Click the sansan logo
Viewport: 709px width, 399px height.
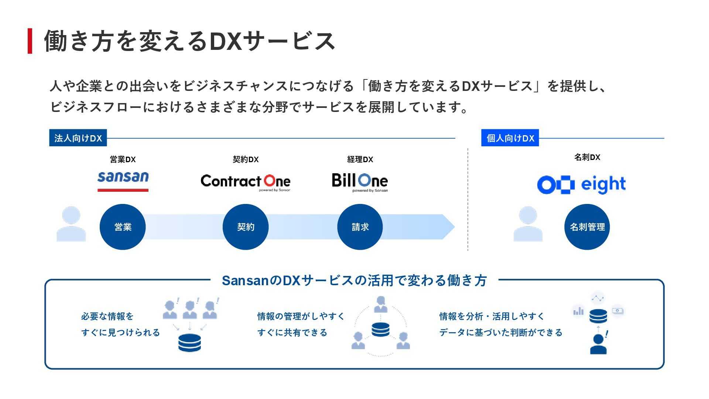pos(123,181)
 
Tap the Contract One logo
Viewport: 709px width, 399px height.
pos(246,182)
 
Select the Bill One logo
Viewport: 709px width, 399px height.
pos(360,182)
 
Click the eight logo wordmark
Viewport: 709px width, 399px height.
pos(603,184)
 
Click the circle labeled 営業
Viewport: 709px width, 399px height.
pos(123,227)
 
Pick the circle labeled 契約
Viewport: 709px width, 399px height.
pos(246,227)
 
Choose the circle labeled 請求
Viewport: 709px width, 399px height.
pos(360,227)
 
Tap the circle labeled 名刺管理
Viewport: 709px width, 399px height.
pos(587,227)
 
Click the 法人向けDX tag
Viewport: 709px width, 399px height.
pos(78,138)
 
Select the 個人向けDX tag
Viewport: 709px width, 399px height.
pos(510,138)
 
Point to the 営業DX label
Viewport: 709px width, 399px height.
pos(123,160)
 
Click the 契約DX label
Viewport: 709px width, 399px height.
pos(246,160)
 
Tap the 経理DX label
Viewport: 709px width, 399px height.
pos(360,160)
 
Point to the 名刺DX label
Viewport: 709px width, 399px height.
pos(587,157)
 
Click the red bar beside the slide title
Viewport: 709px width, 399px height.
pos(30,41)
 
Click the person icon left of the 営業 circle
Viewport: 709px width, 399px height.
pos(71,224)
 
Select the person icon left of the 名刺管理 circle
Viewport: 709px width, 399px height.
pos(528,224)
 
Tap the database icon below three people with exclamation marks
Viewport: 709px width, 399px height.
pos(189,343)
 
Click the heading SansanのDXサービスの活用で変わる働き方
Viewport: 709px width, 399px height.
pos(354,280)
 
